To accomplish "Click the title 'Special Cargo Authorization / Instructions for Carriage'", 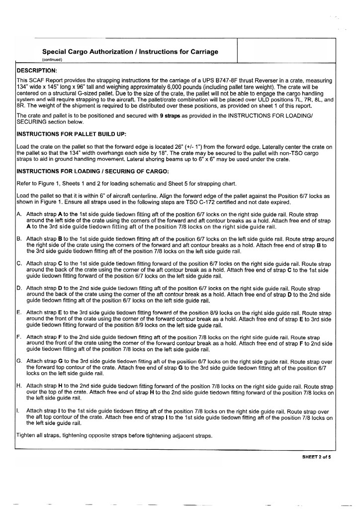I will [130, 51].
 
